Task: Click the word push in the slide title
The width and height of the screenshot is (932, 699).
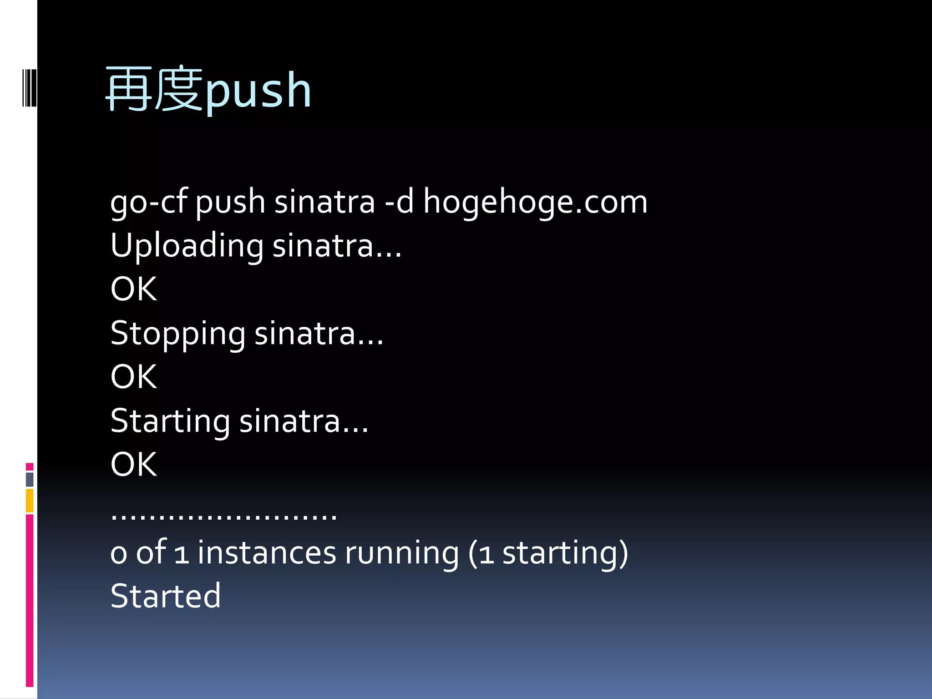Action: [258, 91]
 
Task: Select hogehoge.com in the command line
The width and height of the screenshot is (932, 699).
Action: [535, 202]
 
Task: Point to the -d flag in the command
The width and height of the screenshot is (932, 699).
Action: [399, 202]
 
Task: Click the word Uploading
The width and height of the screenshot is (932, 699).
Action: [187, 246]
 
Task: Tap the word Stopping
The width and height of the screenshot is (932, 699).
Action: [177, 334]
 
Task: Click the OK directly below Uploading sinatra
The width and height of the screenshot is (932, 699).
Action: [134, 289]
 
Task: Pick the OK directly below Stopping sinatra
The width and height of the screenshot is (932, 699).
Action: [134, 377]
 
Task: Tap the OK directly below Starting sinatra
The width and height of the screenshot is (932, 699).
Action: [134, 465]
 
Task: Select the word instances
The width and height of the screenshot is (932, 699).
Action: [266, 553]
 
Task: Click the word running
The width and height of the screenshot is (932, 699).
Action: [401, 553]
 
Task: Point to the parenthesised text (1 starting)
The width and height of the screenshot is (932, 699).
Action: [548, 553]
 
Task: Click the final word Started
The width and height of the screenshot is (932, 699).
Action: [166, 596]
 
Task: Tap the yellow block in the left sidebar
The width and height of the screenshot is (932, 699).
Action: [30, 501]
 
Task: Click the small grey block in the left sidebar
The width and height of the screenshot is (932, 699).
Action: [30, 479]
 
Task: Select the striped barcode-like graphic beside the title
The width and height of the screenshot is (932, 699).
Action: [30, 88]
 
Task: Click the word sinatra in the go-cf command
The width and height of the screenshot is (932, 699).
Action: [324, 202]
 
